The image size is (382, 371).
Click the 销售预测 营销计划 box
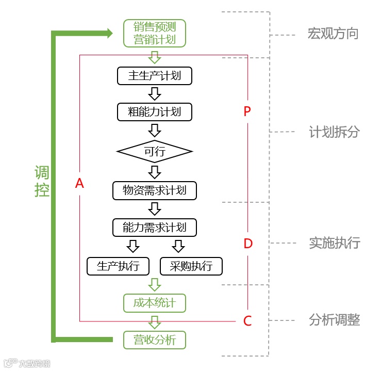[155, 33]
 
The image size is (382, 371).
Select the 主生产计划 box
[155, 76]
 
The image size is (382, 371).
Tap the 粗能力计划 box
[155, 111]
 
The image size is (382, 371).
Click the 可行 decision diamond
[155, 152]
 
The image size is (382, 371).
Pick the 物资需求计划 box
[155, 190]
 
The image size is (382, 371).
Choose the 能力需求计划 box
[155, 227]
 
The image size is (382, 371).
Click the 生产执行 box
[118, 266]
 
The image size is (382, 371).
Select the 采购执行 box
[191, 266]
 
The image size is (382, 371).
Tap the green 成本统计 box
[155, 303]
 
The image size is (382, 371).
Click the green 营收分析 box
[155, 340]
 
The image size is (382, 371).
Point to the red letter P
[247, 111]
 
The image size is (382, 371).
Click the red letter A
[79, 183]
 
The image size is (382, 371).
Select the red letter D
[248, 244]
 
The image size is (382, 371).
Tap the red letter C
[247, 321]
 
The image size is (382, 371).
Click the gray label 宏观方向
[333, 35]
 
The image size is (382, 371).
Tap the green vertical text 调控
[42, 181]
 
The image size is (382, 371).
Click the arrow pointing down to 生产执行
[133, 246]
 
